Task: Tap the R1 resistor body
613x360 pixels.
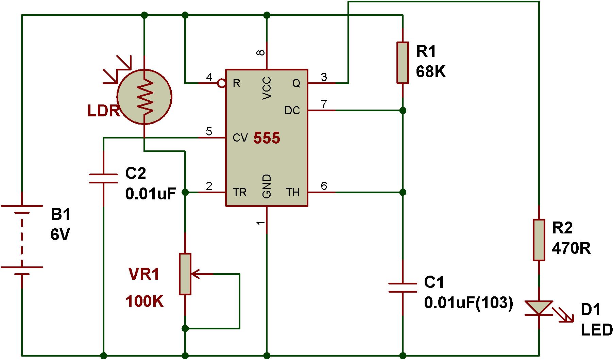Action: pyautogui.click(x=403, y=63)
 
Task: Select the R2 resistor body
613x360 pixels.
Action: pyautogui.click(x=539, y=240)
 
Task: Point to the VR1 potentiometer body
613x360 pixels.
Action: pyautogui.click(x=185, y=274)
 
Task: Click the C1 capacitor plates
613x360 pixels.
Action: pyautogui.click(x=403, y=287)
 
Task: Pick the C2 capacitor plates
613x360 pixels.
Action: pyautogui.click(x=103, y=179)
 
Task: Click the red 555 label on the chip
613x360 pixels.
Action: pyautogui.click(x=267, y=138)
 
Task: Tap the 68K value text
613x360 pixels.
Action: pyautogui.click(x=430, y=72)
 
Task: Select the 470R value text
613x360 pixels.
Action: pyautogui.click(x=572, y=249)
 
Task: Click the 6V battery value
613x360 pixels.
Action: pyautogui.click(x=60, y=235)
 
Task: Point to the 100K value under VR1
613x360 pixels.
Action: pyautogui.click(x=144, y=301)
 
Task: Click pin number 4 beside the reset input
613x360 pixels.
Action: pyautogui.click(x=209, y=77)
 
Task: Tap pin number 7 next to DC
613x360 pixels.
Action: pyautogui.click(x=324, y=104)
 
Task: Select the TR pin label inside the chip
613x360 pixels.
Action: pyautogui.click(x=240, y=193)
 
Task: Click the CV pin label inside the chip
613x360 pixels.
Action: pyautogui.click(x=240, y=138)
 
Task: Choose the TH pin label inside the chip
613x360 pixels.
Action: pyautogui.click(x=293, y=193)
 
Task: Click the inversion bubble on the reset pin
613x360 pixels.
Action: pyautogui.click(x=222, y=83)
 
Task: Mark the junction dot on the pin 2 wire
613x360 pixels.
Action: pyautogui.click(x=185, y=192)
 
